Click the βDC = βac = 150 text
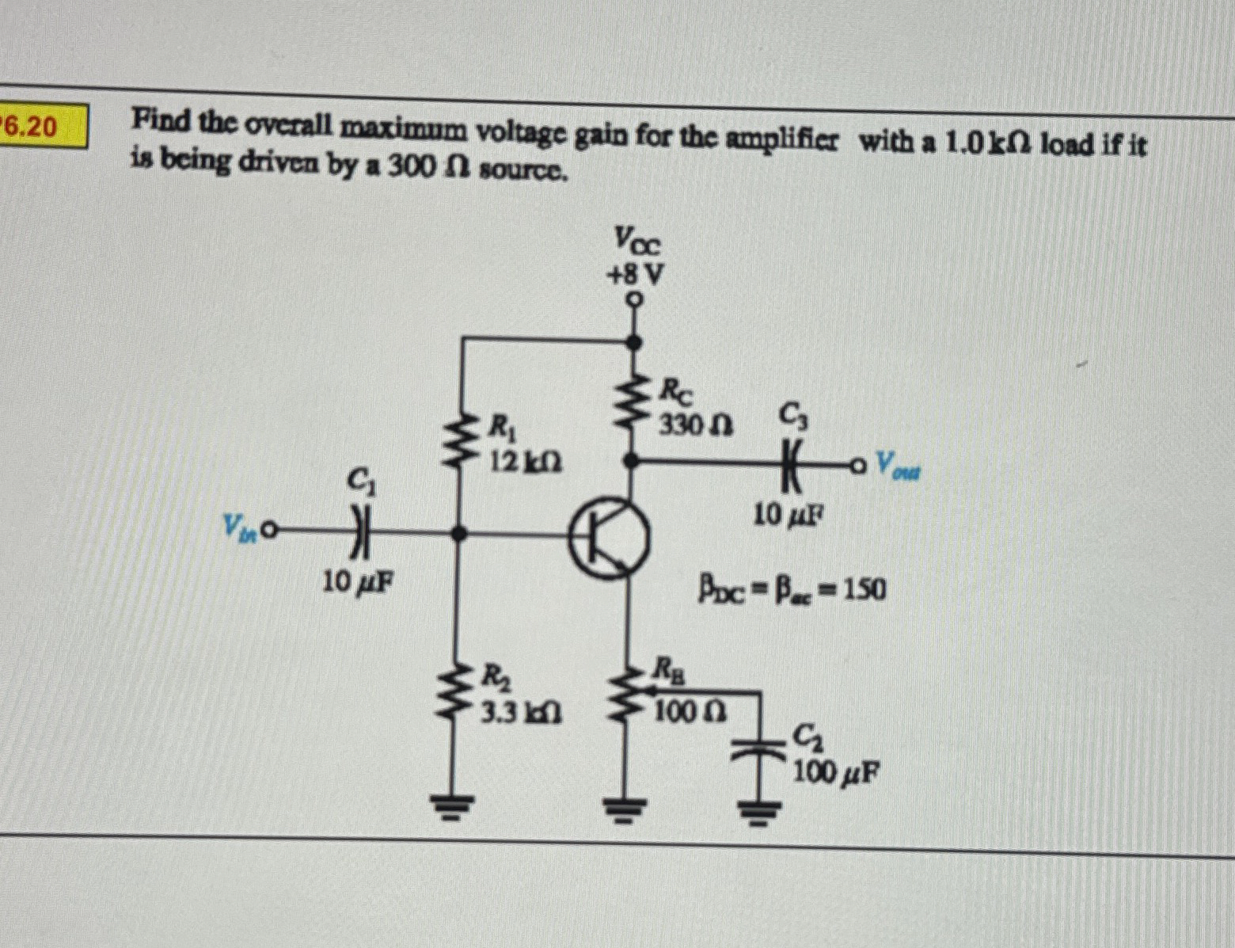pos(792,590)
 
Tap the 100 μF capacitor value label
pos(836,772)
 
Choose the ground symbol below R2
pos(458,808)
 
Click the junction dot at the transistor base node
pos(458,535)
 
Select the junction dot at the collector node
pos(631,459)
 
